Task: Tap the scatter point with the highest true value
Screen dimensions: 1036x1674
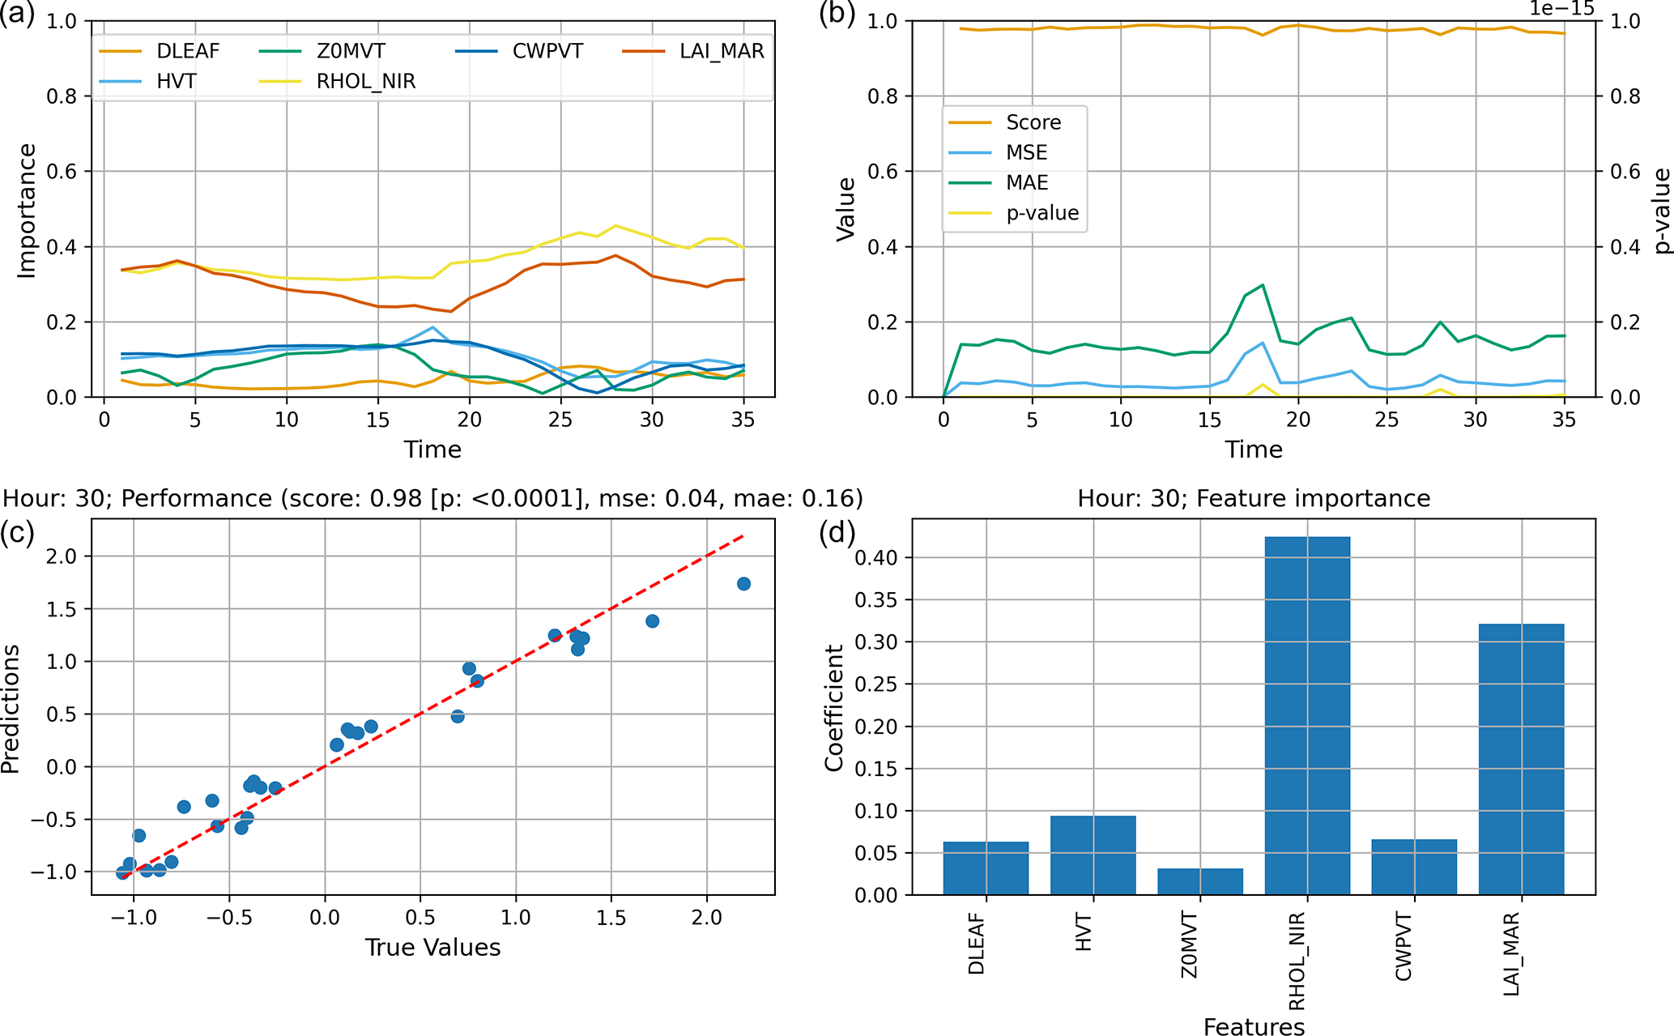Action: [743, 584]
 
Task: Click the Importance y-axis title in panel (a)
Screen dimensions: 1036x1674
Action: [27, 211]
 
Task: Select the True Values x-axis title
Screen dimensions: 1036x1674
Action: [432, 948]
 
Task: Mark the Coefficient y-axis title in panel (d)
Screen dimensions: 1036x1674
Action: [834, 708]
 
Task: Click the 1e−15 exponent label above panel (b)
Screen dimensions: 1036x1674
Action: [1561, 8]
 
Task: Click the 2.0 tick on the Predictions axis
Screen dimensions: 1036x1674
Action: [63, 556]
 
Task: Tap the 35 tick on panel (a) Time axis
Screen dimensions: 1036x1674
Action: [743, 420]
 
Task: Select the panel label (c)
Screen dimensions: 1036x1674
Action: [17, 532]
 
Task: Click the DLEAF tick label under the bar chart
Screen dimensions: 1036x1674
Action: [977, 944]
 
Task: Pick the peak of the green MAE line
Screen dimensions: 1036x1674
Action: [1263, 285]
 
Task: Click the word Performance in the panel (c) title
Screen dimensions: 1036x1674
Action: [196, 498]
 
